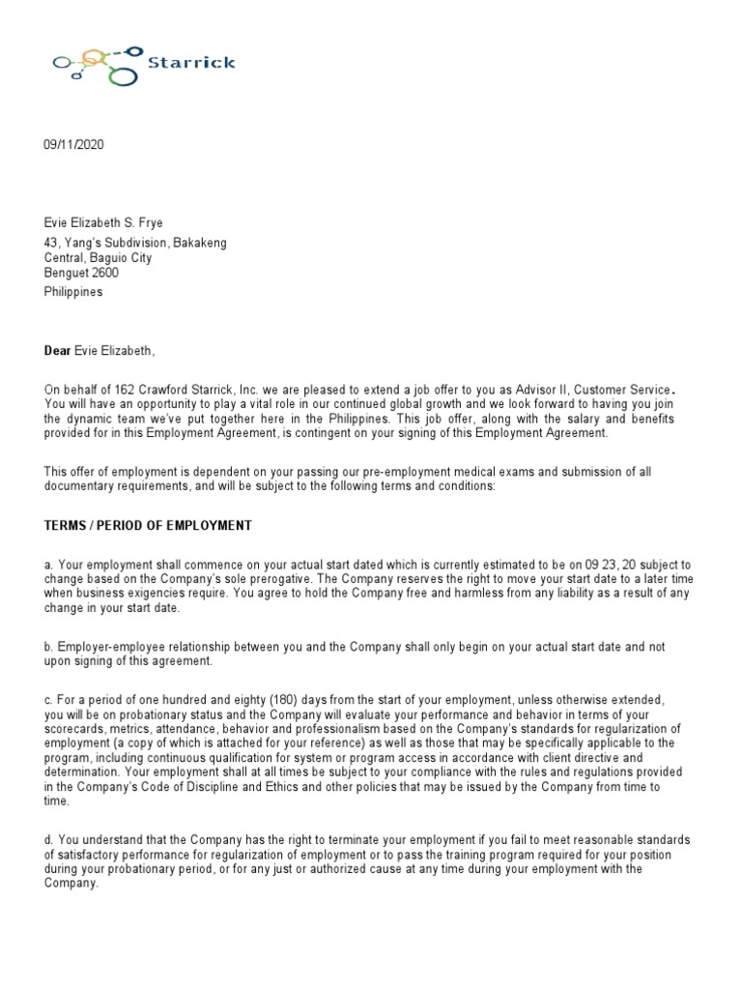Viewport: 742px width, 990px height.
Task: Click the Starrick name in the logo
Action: tap(193, 63)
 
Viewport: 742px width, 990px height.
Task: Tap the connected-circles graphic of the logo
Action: tap(97, 64)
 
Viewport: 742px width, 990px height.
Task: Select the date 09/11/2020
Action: tap(72, 145)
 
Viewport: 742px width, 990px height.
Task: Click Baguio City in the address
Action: tap(119, 258)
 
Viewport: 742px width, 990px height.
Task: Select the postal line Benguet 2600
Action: tap(81, 275)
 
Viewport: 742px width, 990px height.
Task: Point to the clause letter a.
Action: tap(47, 566)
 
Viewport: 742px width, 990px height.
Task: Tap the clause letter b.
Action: tap(47, 646)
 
